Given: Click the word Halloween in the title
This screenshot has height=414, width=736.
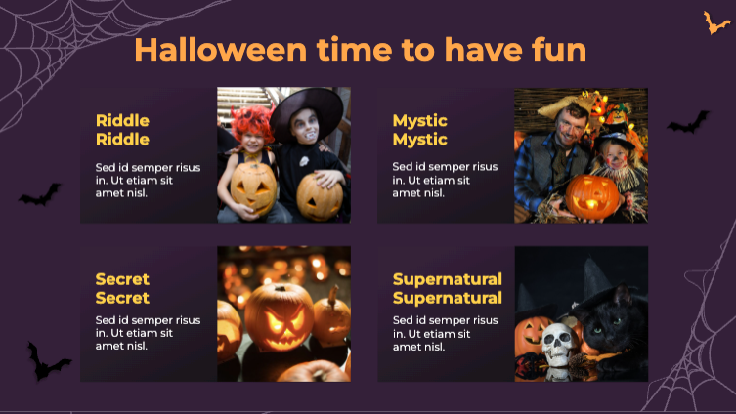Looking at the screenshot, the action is point(221,50).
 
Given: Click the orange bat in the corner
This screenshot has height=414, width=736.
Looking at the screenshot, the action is point(715,23).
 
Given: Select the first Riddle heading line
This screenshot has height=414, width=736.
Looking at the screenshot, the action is point(122,121).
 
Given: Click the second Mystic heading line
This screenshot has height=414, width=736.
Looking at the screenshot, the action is point(419,140).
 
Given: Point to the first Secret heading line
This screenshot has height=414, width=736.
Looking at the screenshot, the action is point(122,279).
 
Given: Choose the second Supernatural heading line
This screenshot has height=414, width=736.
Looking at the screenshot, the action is point(448,298).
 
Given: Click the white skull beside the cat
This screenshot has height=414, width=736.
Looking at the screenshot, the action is point(558,344).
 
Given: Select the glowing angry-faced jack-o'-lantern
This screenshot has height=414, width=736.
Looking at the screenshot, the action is point(279,317).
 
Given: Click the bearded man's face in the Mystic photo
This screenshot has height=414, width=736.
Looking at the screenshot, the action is point(570,126).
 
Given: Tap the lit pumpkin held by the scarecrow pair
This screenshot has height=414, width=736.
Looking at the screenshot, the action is point(592,197).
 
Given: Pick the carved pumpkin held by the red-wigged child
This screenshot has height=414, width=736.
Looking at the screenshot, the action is point(253,187).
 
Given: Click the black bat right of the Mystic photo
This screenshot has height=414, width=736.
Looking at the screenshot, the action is point(688,122).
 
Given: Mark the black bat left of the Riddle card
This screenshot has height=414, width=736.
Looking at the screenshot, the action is point(40,195).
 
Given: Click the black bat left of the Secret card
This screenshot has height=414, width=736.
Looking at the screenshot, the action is point(46,361).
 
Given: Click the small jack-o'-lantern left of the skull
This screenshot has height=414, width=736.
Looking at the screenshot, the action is point(531,335).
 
